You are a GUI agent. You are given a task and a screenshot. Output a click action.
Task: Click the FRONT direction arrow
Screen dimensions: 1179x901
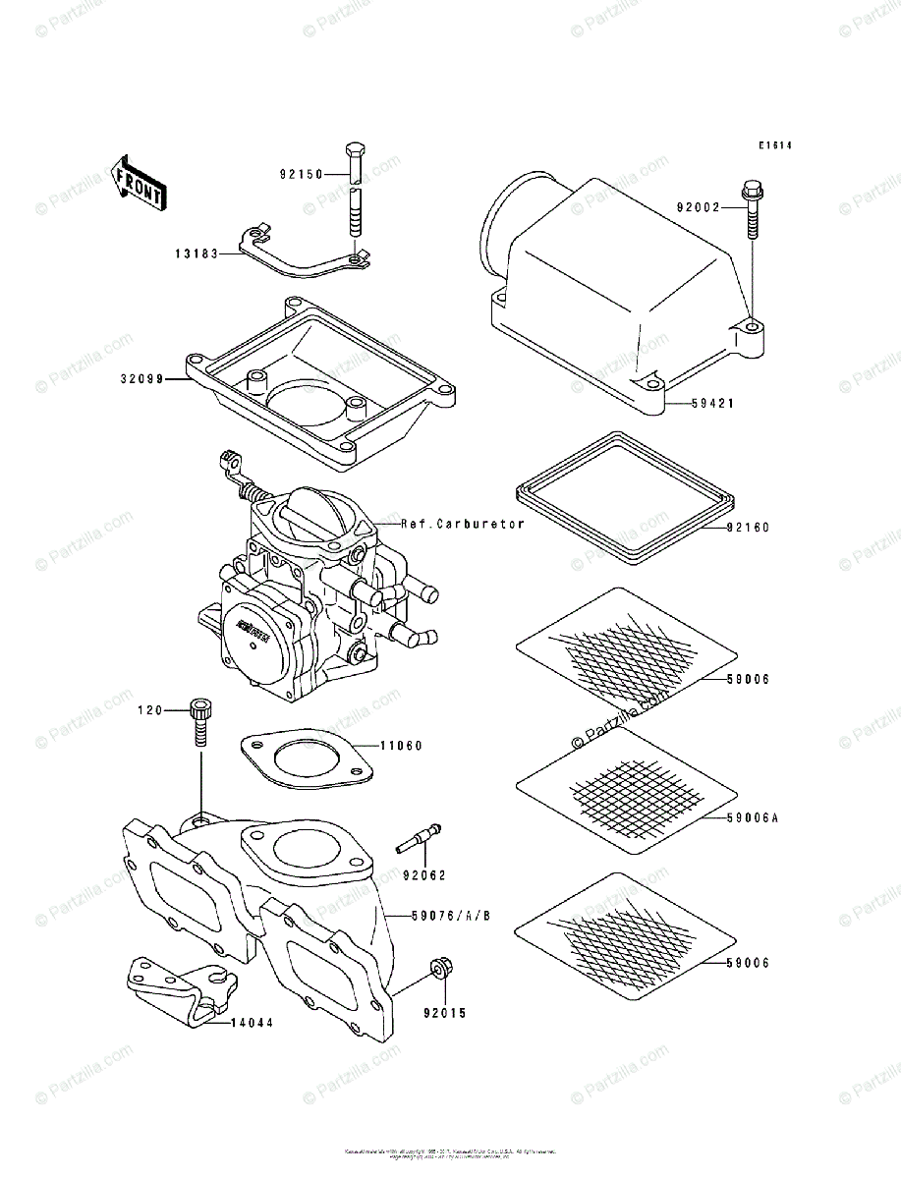137,182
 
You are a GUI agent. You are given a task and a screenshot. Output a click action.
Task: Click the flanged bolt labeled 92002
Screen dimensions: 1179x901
752,209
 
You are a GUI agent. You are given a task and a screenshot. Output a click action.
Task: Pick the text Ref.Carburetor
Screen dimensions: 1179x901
463,524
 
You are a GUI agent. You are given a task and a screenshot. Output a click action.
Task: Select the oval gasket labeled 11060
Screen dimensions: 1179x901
306,758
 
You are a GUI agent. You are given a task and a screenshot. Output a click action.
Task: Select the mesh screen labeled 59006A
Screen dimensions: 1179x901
625,786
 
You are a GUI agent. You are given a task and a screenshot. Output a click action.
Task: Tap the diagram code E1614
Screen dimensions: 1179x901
774,146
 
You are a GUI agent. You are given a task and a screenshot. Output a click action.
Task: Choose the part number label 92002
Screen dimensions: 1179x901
699,207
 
